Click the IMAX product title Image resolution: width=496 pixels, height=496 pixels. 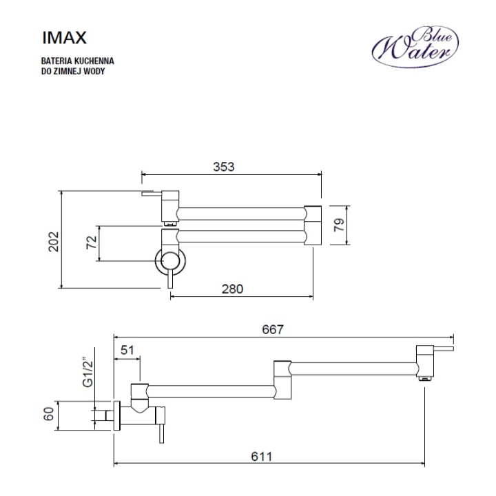coord(64,38)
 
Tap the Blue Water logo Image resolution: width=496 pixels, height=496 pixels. coord(415,47)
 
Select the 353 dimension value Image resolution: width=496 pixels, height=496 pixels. coord(224,167)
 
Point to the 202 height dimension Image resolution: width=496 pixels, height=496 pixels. coord(54,242)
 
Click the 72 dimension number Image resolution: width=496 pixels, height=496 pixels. coord(92,242)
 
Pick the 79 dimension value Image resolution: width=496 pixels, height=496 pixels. coord(339,225)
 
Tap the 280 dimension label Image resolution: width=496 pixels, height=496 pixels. coord(232,289)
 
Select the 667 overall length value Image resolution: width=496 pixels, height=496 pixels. coord(273,329)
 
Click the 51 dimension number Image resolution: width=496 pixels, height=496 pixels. coord(127,350)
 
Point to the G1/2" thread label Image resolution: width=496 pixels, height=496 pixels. coord(88,372)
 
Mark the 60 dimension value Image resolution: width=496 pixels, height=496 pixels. coord(49,414)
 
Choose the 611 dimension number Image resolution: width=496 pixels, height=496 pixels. coord(262,457)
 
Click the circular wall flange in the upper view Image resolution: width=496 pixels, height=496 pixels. coord(170,261)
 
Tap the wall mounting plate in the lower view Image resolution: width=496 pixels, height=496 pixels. coord(116,415)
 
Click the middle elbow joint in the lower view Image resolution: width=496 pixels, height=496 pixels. coord(282,380)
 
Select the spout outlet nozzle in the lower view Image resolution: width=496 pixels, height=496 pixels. coord(425,378)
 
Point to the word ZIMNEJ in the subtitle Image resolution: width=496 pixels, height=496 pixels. coord(68,71)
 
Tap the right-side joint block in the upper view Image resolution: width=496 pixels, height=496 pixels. coord(313,225)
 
